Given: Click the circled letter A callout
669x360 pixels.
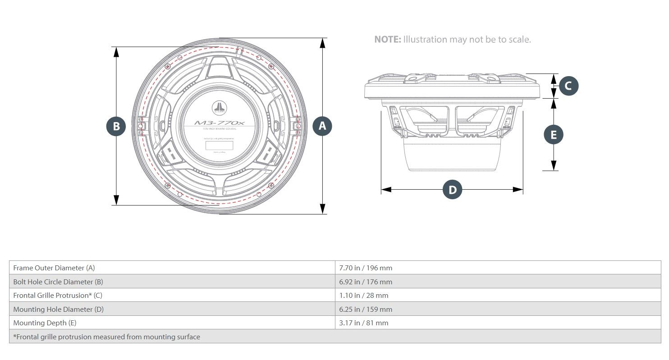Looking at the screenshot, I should [322, 126].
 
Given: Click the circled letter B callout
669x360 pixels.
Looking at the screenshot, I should [116, 126].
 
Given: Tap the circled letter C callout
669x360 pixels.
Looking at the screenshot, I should [568, 86].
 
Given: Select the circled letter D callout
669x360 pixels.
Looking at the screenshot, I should [452, 190].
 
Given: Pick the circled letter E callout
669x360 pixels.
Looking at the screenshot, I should [554, 134].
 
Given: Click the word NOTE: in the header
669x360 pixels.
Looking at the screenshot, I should [387, 40].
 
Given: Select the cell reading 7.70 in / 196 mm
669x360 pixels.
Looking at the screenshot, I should [366, 268].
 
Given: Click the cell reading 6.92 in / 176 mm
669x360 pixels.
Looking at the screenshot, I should [366, 282].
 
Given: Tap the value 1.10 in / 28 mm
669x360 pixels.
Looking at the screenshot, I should [363, 296].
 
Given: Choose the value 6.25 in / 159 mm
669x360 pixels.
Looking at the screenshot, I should [366, 310].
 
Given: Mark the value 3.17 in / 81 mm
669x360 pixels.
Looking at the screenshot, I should [363, 323].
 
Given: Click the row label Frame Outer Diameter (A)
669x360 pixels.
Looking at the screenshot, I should [54, 268].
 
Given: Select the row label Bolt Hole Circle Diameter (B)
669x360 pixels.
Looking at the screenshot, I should [58, 282].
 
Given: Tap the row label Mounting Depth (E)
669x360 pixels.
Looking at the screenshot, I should [45, 323].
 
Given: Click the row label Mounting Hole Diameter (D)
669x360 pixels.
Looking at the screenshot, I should [58, 310].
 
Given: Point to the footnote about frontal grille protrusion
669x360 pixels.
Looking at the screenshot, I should [106, 337].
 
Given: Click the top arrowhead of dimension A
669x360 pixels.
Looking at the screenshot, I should [322, 42].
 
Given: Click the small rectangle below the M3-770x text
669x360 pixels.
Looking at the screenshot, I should [220, 146].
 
